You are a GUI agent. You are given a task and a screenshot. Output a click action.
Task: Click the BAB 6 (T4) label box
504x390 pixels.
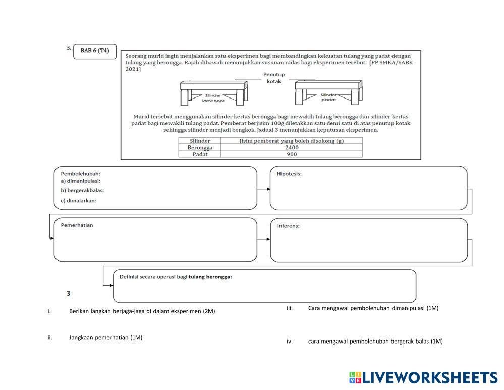(95, 52)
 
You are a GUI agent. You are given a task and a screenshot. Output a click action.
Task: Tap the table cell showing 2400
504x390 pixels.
(292, 148)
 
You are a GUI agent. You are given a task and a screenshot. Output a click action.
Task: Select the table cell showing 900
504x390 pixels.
(292, 154)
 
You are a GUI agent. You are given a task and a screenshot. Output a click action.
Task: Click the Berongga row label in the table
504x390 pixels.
(200, 148)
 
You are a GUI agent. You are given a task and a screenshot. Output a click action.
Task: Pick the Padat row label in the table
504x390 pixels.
(200, 154)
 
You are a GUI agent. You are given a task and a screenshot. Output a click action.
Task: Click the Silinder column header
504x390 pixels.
(200, 141)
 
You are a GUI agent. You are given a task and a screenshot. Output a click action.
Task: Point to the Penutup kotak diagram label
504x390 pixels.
(274, 78)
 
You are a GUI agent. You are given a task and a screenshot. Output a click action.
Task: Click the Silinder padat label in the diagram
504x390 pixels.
(328, 97)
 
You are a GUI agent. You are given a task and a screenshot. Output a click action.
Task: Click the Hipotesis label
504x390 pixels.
(289, 174)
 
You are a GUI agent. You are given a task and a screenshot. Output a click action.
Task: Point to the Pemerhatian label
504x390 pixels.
(77, 225)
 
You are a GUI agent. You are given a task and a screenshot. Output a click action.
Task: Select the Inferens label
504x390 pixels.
(288, 225)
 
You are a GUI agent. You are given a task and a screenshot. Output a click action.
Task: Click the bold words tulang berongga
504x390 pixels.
(210, 276)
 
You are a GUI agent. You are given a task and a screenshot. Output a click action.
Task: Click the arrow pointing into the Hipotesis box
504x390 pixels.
(264, 189)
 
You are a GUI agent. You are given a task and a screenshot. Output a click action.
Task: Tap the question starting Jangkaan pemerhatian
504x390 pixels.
(105, 337)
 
